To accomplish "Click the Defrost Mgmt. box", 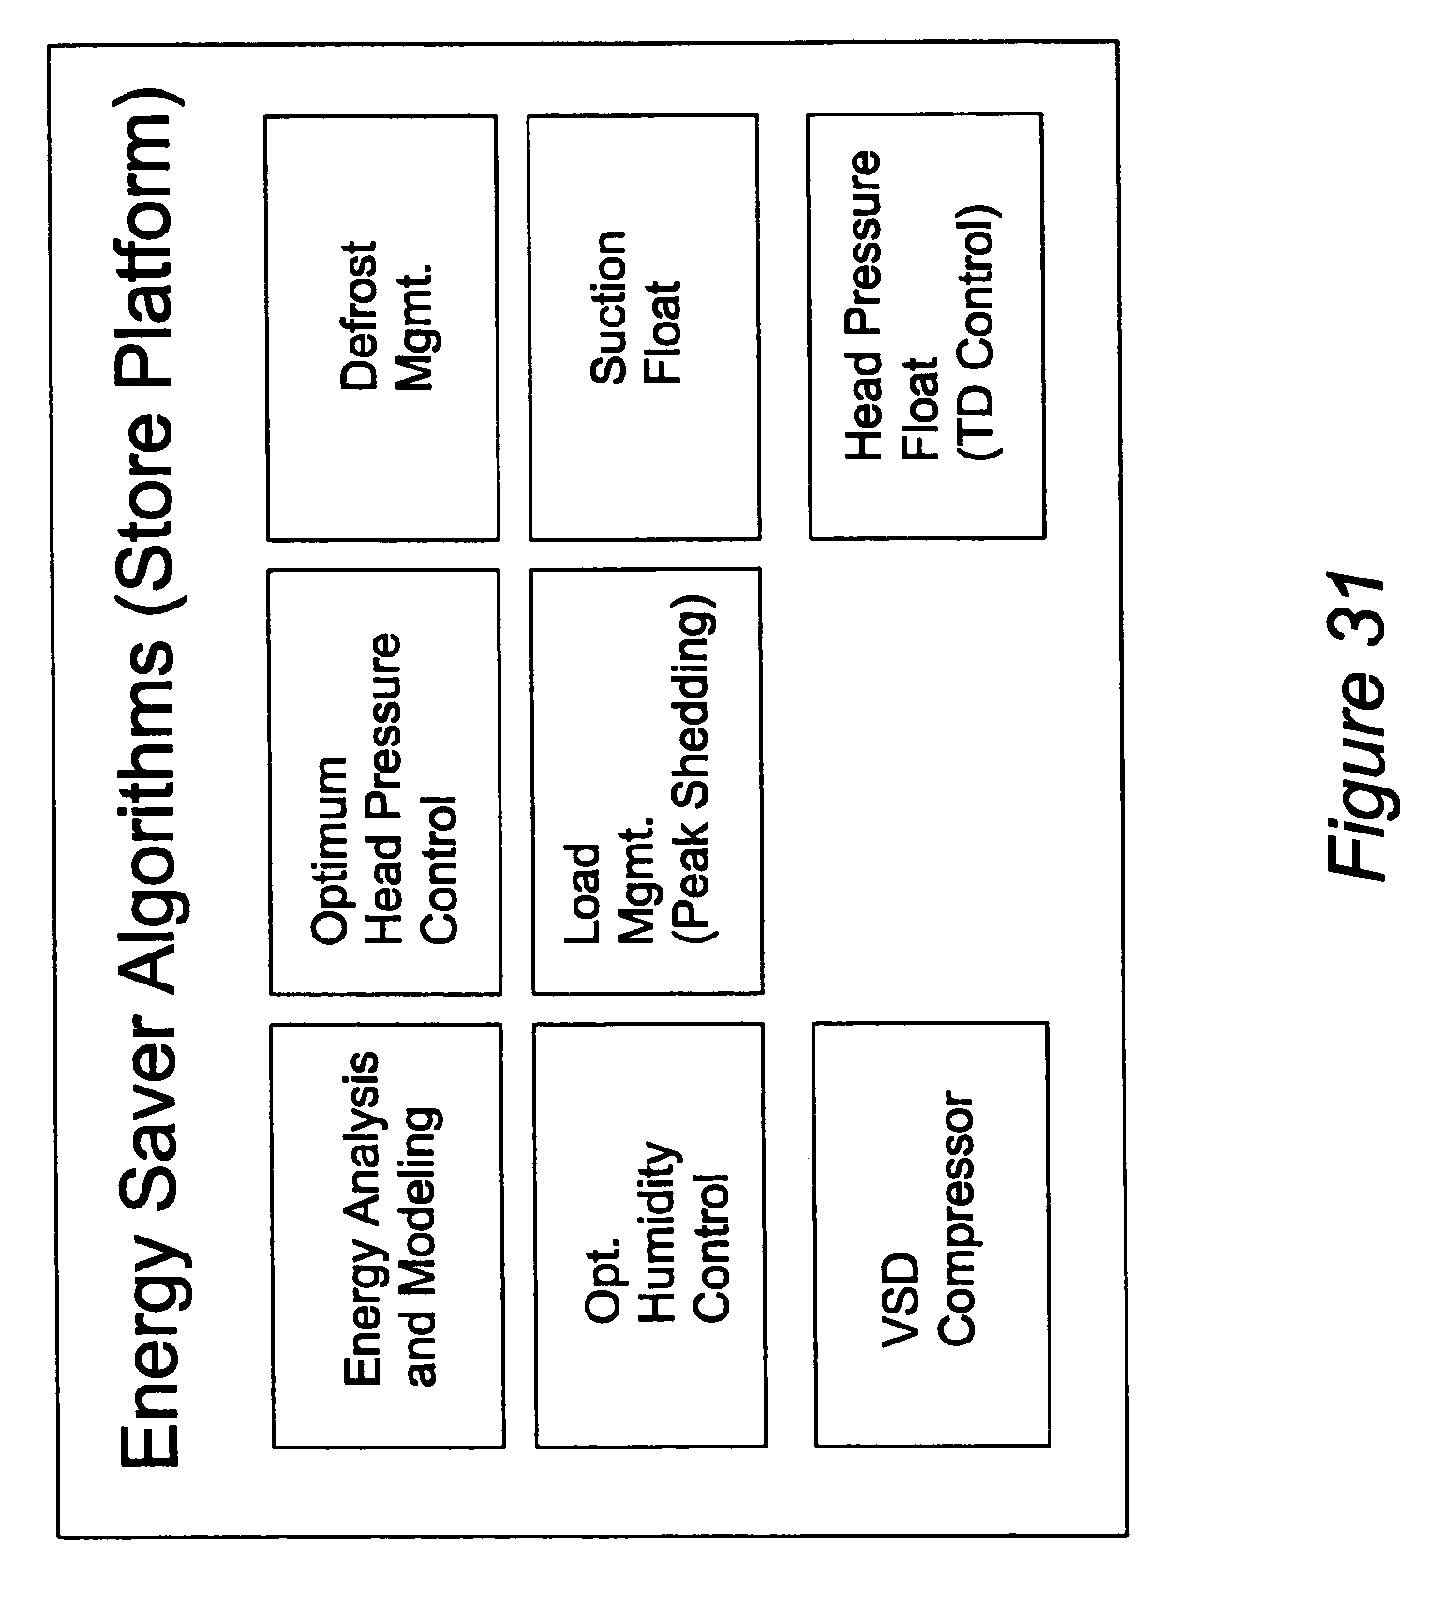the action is pos(382,328).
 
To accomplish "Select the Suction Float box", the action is pos(644,327).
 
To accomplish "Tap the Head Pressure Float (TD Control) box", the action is pos(926,326).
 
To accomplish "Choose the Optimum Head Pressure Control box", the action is pos(385,781).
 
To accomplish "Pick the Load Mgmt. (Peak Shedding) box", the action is pos(647,780).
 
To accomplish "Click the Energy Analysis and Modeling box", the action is pos(388,1236).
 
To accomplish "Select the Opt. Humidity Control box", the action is pos(650,1235).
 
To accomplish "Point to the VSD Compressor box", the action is pos(932,1234).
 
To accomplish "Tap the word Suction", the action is pos(608,307).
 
